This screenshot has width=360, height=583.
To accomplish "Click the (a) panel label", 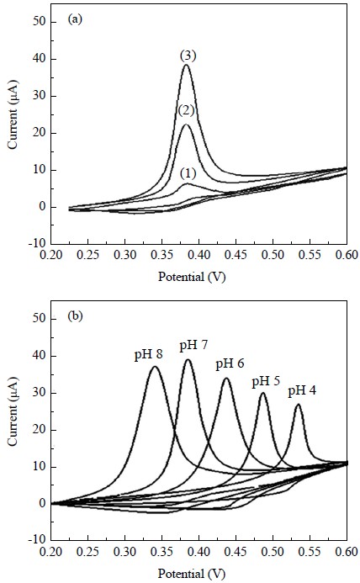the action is point(75,19).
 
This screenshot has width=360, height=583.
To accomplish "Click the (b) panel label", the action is point(75,316).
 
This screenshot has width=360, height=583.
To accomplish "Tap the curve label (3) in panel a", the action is point(188,56).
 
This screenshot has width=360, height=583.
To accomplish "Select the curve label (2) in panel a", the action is point(187,110).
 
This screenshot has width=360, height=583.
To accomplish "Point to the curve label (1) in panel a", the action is point(188,173).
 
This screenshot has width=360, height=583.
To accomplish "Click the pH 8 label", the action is point(149,355).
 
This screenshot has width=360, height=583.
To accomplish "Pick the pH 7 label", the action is point(193,346).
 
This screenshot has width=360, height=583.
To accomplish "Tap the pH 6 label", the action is point(230,363).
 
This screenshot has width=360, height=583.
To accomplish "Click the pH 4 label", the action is point(302,391).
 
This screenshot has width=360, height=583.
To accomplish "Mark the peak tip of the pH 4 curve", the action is point(299,404).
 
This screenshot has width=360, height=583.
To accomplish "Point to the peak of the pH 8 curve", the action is point(155,367).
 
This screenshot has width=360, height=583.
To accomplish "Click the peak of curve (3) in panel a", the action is point(187,65).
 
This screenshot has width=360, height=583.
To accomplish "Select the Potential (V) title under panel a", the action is point(192,277).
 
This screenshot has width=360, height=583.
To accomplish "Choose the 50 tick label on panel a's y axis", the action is point(39,23).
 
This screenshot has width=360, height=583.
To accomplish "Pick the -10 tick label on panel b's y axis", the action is point(35,540).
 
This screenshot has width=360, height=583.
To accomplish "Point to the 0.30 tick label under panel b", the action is point(125,551).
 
